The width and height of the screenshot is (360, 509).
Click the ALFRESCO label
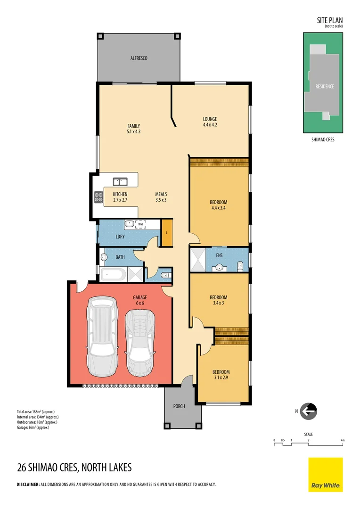coord(139,58)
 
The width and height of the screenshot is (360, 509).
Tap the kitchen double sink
coord(120,181)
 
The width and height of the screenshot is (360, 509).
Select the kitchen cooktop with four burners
coord(98,197)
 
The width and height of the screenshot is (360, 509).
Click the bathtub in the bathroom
coord(113,274)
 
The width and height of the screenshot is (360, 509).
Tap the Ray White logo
coord(326,475)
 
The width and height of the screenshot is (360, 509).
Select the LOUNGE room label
coord(210,119)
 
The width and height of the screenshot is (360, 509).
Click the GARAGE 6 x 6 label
coord(140,300)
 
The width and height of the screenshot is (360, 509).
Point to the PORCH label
coord(179,406)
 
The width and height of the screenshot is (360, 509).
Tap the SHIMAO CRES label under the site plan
coord(323,140)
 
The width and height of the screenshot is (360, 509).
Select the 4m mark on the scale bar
coord(343,440)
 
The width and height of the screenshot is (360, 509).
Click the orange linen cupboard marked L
coord(167,232)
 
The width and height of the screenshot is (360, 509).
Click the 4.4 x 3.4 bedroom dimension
coord(219,208)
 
